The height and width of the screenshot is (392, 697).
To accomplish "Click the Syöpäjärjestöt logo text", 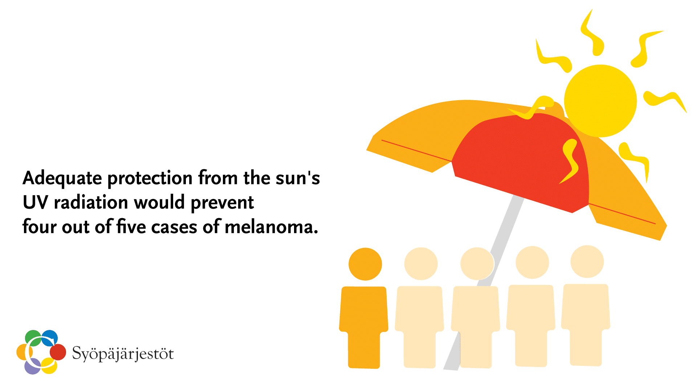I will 123,354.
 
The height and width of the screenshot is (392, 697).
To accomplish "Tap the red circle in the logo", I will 58,352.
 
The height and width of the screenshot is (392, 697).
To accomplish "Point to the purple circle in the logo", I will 32,367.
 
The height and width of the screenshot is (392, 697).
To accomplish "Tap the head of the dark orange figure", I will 365,264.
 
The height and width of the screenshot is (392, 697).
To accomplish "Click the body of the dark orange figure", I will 364,319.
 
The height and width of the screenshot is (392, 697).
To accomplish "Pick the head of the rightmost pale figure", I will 587,262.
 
